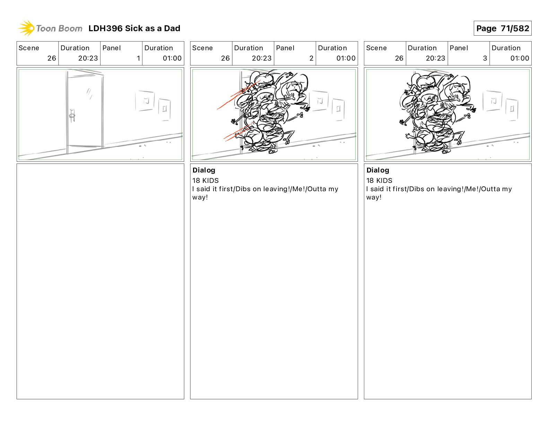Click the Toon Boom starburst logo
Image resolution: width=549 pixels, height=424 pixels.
pos(26,28)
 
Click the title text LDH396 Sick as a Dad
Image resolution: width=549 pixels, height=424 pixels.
pos(134,28)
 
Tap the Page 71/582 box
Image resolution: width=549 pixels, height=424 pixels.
pos(502,28)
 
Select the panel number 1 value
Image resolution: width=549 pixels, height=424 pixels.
pos(138,58)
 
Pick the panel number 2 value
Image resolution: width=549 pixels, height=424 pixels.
pos(311,58)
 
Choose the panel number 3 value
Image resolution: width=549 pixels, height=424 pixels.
pos(485,58)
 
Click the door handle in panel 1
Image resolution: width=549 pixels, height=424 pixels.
pos(72,116)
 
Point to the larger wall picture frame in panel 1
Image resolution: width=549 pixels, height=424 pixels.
pos(145,101)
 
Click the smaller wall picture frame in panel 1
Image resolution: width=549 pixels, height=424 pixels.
pos(164,109)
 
